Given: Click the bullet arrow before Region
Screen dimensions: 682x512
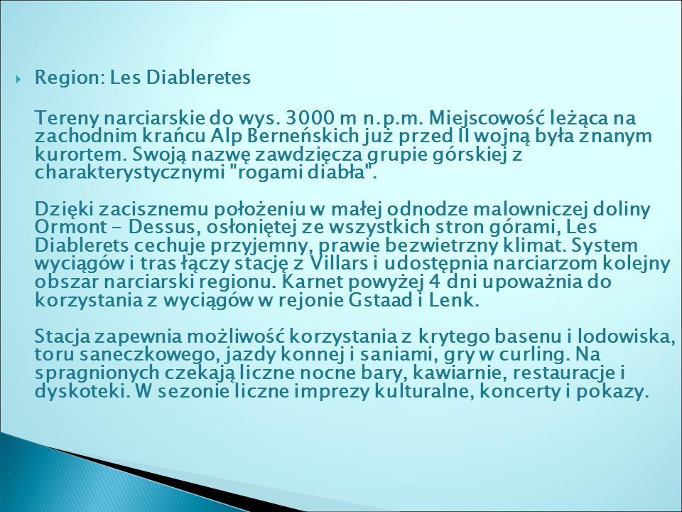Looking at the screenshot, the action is tap(18, 79).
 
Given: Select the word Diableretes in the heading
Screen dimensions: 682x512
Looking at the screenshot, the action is tap(198, 77).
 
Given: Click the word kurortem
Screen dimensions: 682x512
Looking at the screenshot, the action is tap(81, 154).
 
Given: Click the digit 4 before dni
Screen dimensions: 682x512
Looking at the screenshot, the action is tap(433, 282).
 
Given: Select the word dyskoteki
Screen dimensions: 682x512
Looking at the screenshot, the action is tap(82, 392).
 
